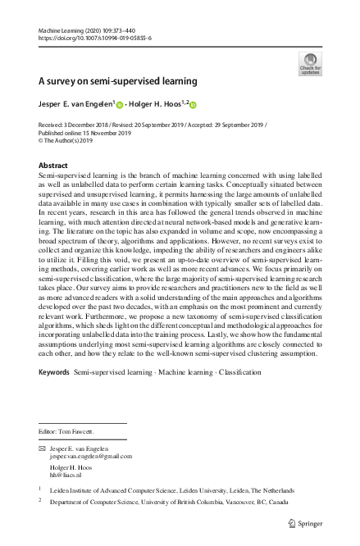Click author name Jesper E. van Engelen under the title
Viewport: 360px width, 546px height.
[x=75, y=104]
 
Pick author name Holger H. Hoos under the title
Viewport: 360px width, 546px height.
[x=160, y=104]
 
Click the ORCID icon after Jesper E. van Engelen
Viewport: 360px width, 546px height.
[x=120, y=105]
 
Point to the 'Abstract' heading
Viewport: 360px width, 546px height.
[x=53, y=165]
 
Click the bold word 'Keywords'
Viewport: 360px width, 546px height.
[x=54, y=395]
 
